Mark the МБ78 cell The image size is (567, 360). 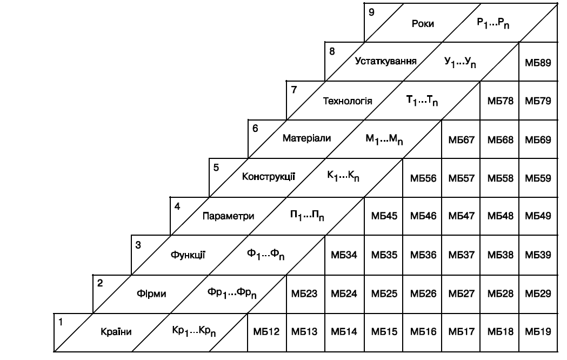499,101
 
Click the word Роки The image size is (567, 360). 423,24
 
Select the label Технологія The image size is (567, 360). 348,101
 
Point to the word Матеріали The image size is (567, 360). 307,138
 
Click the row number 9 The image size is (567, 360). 371,12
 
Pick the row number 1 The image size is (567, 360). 61,321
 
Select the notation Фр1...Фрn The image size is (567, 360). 232,294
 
